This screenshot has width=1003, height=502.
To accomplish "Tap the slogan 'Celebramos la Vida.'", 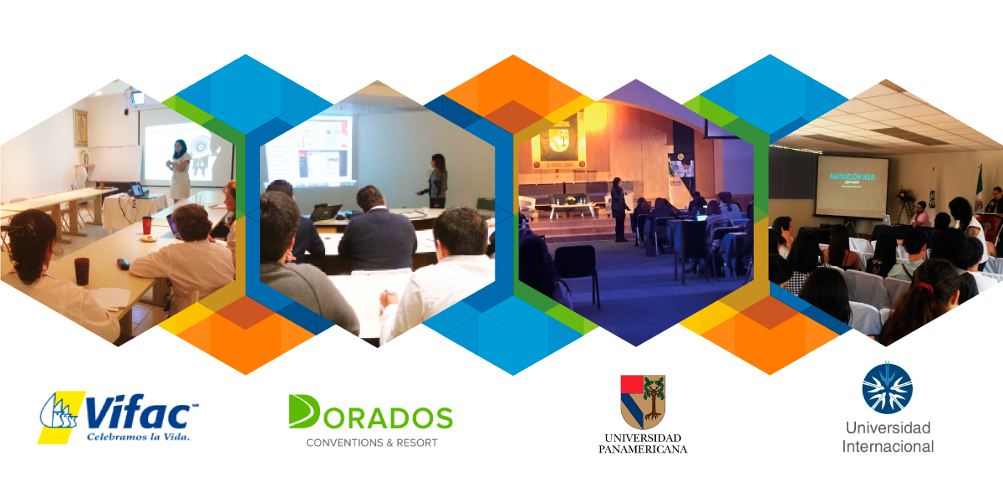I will [x=138, y=436].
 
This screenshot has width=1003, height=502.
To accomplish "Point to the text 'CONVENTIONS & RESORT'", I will [x=371, y=442].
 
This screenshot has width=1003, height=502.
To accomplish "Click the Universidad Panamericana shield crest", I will [x=643, y=401].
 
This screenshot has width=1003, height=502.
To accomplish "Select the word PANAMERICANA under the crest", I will [x=643, y=449].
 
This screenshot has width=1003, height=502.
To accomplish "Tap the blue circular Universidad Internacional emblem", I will [x=887, y=387].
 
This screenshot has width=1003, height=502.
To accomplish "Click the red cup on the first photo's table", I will [x=147, y=225].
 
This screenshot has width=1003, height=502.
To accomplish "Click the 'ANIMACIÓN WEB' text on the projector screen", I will [x=851, y=177].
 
